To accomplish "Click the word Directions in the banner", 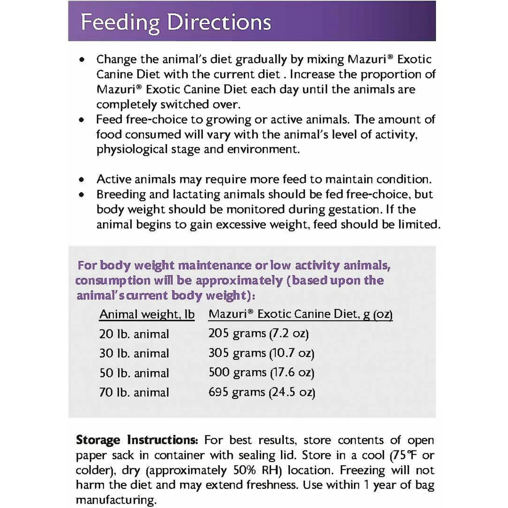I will coord(219,22).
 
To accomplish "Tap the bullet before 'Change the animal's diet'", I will coord(82,60).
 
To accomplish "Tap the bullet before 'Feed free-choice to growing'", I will coord(82,120).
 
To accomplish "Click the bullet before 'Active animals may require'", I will coord(82,180).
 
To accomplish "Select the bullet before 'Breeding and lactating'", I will coord(82,195).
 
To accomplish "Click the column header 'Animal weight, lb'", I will coord(147,314).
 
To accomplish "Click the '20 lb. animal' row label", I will coord(134,334).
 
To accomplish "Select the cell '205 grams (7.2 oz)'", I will coord(258,333).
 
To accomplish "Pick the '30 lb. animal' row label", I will coord(134,353).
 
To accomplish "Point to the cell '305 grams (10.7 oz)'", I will coord(261,353).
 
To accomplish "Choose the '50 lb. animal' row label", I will coord(134,373).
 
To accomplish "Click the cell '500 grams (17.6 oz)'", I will coord(261,373).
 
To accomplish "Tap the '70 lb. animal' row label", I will coord(134,392).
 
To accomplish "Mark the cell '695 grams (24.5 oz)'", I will coord(261,392).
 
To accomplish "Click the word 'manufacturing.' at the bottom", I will coord(116,500).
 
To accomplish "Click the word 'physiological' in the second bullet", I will coord(132,149).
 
